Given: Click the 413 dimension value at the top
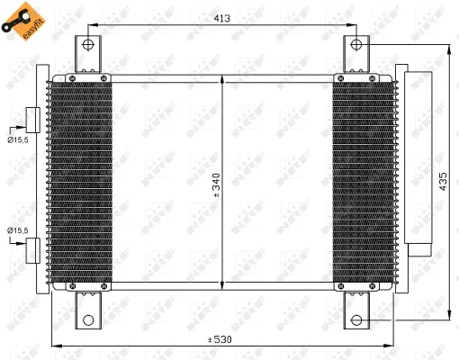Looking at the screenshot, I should click(x=222, y=17).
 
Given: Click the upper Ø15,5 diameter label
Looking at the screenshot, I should click(x=16, y=139).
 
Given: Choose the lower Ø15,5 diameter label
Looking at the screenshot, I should click(x=16, y=231).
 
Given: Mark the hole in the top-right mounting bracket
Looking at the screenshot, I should click(x=355, y=44).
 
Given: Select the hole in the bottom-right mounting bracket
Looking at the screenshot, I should click(x=355, y=319).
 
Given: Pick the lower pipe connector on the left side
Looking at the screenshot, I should click(x=32, y=248).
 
